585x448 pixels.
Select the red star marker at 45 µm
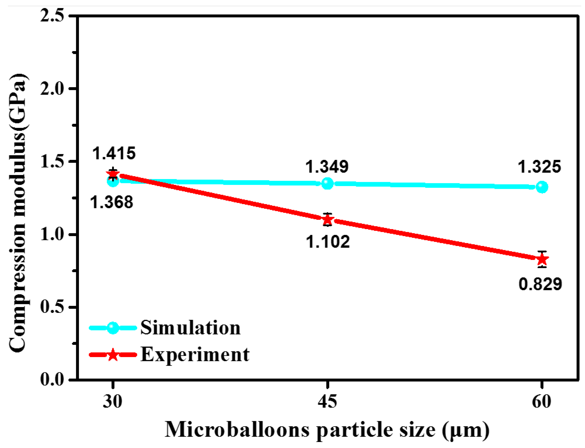pos(327,220)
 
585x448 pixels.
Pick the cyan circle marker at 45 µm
pos(327,184)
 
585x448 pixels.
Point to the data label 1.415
pos(114,153)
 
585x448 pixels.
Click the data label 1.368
pos(112,202)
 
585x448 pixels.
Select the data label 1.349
pos(327,167)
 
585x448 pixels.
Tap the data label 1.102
pos(327,242)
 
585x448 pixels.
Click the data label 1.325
pos(539,167)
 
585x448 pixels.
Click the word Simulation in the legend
pos(190,328)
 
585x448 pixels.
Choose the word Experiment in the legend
pos(195,355)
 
